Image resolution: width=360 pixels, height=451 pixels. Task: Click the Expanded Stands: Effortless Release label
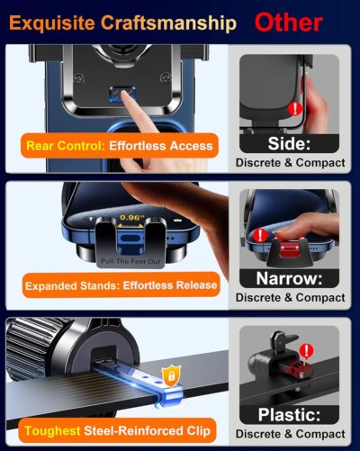(x=121, y=285)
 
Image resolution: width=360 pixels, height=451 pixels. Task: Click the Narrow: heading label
(x=290, y=278)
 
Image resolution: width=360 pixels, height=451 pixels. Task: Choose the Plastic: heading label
(x=290, y=415)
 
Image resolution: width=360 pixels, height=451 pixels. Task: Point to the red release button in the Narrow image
(x=291, y=246)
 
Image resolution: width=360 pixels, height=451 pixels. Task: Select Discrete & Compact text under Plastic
(x=290, y=435)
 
